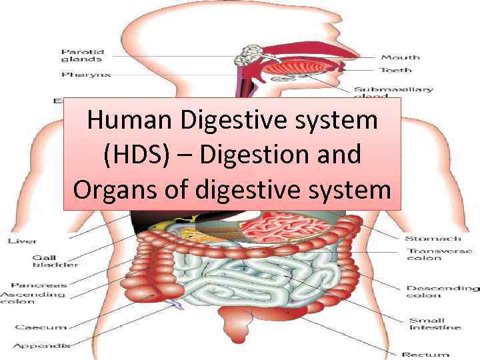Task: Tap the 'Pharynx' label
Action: point(86,75)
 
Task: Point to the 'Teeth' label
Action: point(396,70)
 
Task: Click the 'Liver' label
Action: point(22,241)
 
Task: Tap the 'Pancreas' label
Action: point(43,285)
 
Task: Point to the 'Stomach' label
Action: point(433,238)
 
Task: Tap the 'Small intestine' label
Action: point(435,323)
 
